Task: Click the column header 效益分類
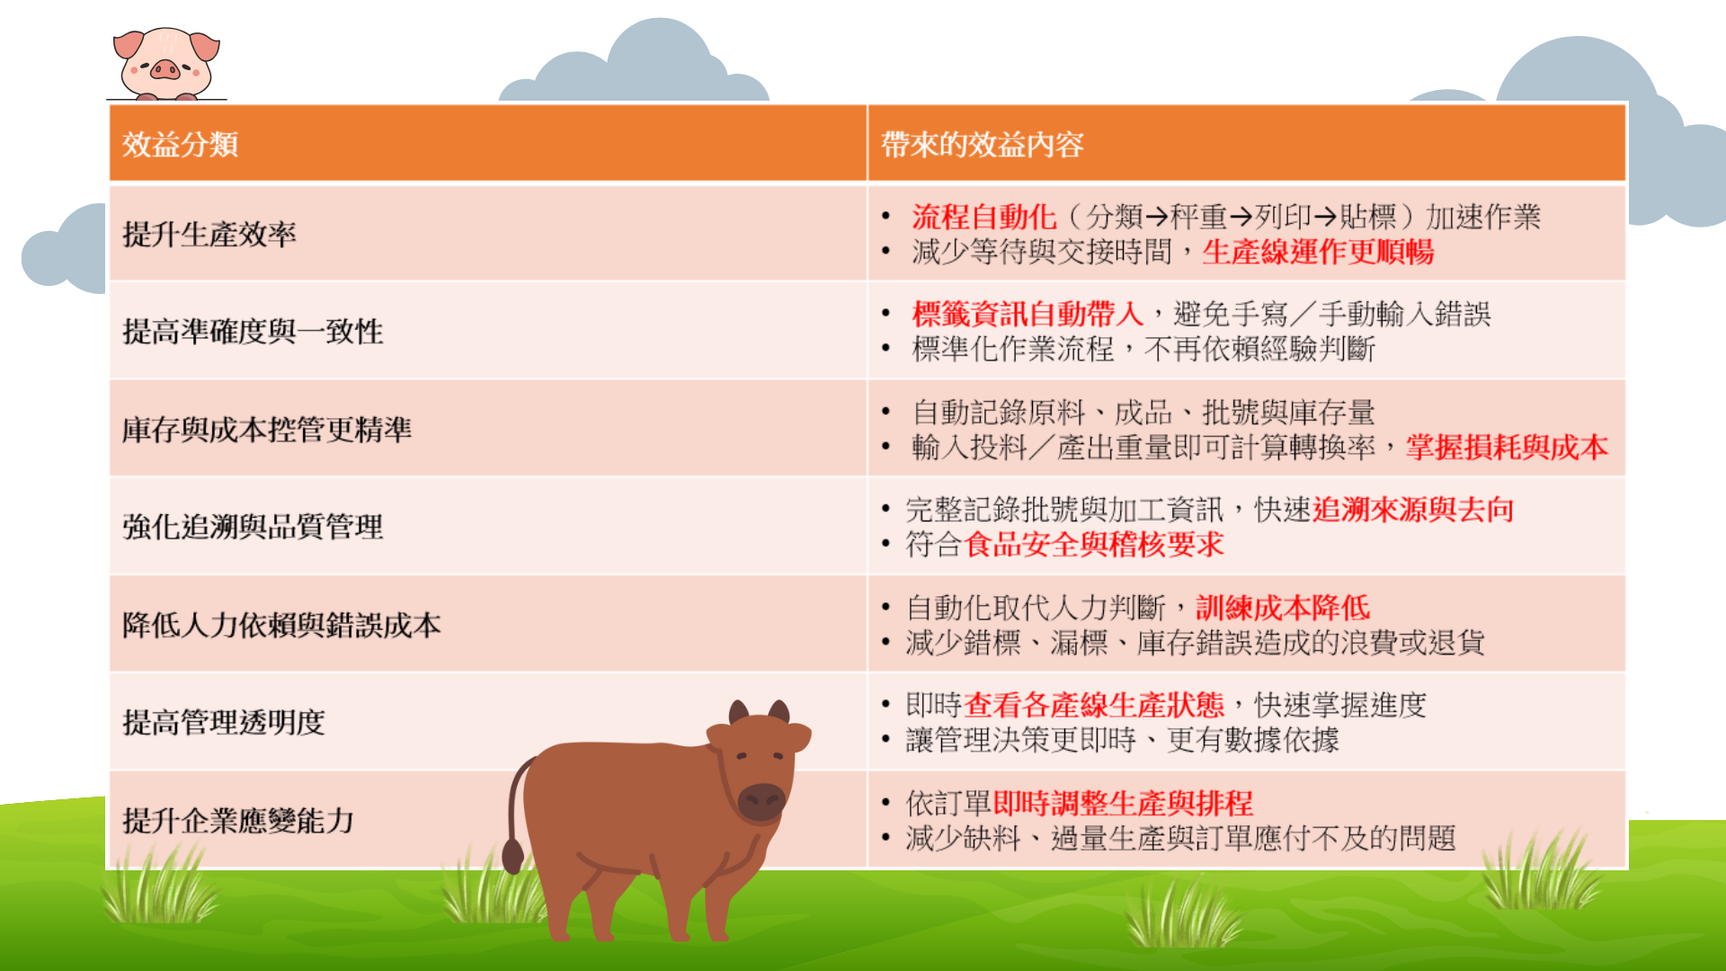click(x=180, y=144)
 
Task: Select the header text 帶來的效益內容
click(x=982, y=144)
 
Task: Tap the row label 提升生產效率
click(x=209, y=235)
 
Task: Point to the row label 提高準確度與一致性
click(x=253, y=332)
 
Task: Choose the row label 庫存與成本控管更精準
click(x=267, y=430)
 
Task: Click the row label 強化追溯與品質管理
click(x=253, y=527)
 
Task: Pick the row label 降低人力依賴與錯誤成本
click(x=281, y=625)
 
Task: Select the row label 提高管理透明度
click(x=224, y=722)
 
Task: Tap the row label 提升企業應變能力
click(x=238, y=820)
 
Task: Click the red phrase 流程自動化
click(x=984, y=217)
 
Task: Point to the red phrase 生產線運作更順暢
click(x=1318, y=253)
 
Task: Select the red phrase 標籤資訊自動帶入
click(x=1028, y=314)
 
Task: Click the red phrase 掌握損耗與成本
click(x=1508, y=448)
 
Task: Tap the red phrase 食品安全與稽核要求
click(x=1094, y=545)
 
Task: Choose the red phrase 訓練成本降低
click(x=1283, y=608)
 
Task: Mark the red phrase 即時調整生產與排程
click(x=1123, y=803)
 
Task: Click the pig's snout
click(x=165, y=68)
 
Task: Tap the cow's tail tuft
click(x=512, y=856)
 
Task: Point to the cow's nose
click(x=762, y=800)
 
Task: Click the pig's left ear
click(x=129, y=44)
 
